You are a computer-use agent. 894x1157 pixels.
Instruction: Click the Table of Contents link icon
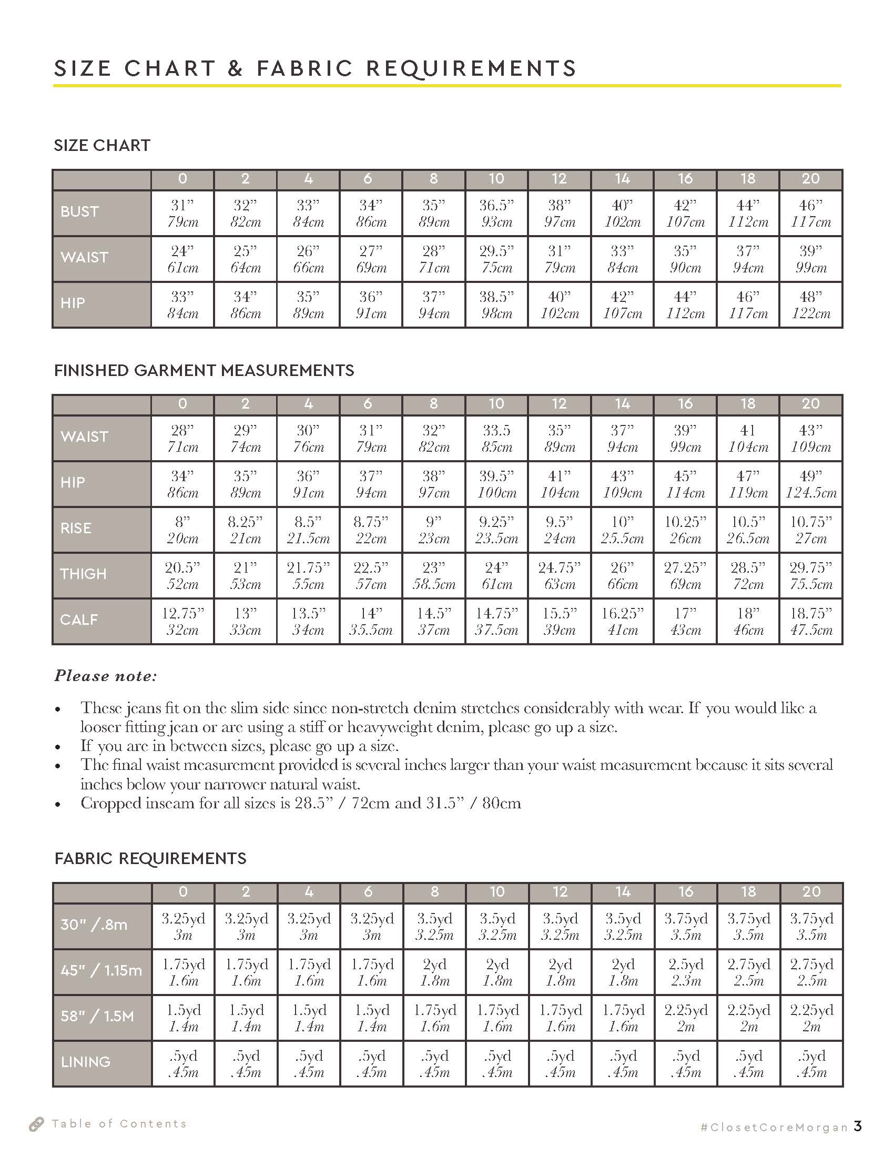click(36, 1124)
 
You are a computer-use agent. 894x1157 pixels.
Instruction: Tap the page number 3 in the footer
click(858, 1126)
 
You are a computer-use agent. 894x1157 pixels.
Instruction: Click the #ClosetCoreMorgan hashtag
click(774, 1128)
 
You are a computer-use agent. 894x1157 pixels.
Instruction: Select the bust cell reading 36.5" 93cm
click(496, 214)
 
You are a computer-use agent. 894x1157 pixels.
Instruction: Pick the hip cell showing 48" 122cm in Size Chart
click(810, 305)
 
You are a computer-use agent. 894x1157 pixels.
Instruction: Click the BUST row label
click(79, 212)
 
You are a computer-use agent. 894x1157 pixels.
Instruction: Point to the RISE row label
click(76, 528)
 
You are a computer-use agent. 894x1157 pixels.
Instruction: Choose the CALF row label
click(79, 620)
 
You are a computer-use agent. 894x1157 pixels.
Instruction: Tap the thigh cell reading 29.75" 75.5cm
click(810, 576)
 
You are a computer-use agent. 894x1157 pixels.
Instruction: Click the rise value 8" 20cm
click(182, 530)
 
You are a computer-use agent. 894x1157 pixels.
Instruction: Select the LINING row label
click(85, 1062)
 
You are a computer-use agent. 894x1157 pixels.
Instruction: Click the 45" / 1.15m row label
click(101, 970)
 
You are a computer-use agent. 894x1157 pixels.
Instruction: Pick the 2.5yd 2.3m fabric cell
click(685, 972)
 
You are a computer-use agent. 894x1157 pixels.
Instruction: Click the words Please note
click(105, 676)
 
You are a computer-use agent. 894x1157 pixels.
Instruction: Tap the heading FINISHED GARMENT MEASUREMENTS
click(204, 370)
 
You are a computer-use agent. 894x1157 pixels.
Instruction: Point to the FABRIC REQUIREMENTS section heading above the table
click(150, 858)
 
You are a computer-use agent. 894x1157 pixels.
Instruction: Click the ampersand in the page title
click(235, 69)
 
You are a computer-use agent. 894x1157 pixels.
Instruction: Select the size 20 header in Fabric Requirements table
click(811, 891)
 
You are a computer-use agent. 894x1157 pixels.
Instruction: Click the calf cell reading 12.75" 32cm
click(182, 622)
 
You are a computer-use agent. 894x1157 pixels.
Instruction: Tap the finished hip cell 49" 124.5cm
click(810, 484)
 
